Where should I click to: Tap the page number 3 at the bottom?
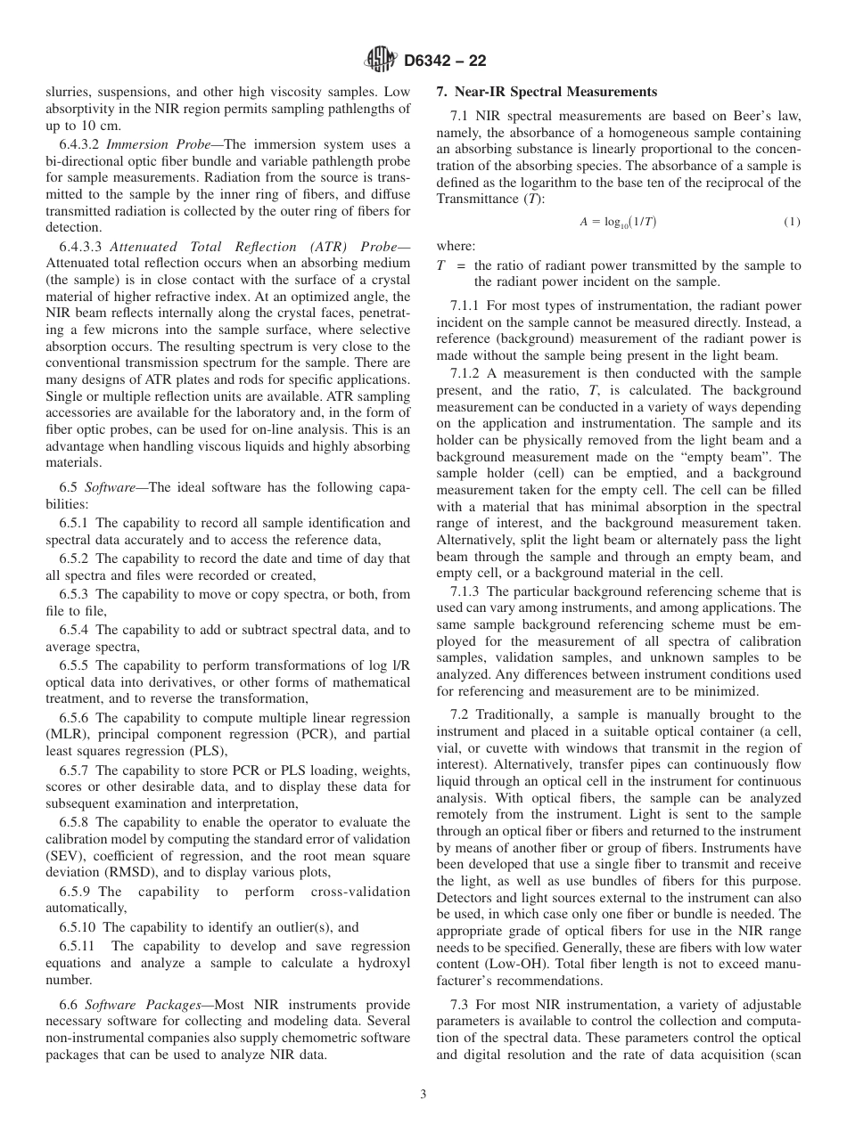click(x=423, y=1094)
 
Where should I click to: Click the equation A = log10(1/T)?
click(x=618, y=222)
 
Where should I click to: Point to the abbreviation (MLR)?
click(x=67, y=734)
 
